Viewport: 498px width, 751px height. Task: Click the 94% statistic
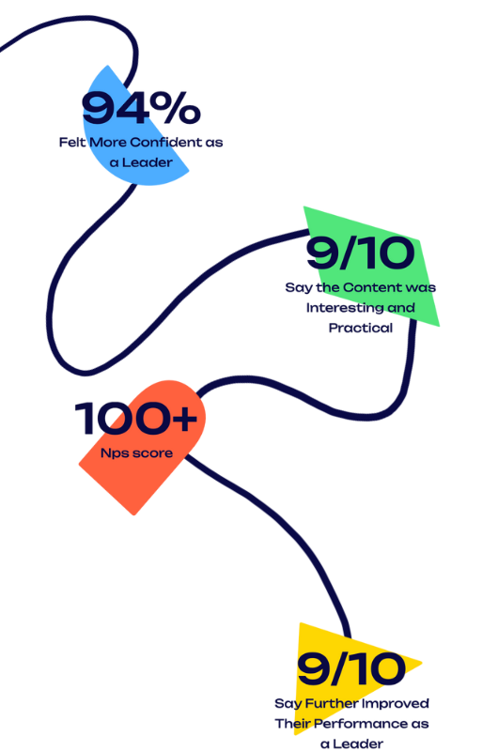(141, 108)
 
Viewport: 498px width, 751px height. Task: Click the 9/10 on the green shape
(361, 253)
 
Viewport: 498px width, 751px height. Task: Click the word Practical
(361, 328)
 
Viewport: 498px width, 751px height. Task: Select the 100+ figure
(135, 418)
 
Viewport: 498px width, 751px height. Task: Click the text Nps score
(136, 453)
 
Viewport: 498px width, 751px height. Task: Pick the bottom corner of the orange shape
(134, 514)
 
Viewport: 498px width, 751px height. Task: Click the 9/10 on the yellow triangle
(351, 668)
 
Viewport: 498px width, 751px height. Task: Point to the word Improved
(395, 703)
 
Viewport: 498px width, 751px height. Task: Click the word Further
(331, 703)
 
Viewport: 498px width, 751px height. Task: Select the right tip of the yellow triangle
(422, 663)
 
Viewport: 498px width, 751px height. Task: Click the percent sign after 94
(177, 108)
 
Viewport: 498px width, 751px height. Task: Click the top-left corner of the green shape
(303, 207)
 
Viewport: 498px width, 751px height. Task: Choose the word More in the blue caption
(108, 143)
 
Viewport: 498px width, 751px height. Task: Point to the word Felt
(72, 143)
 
